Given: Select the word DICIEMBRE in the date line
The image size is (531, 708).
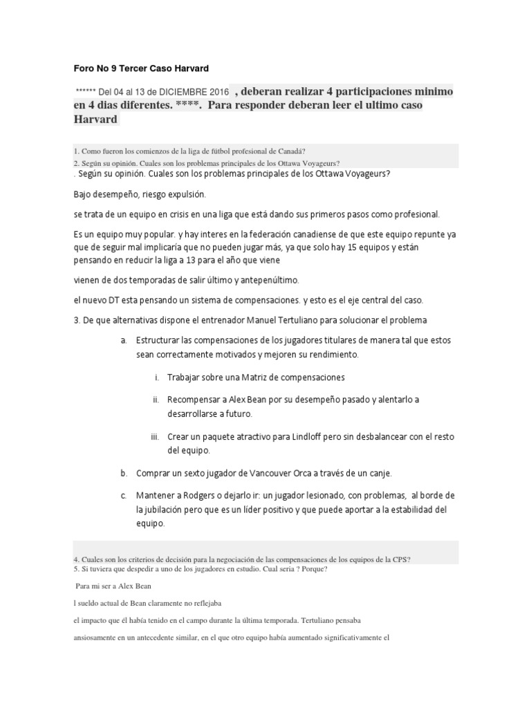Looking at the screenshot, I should (180, 93).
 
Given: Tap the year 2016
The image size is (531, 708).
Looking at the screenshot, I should (218, 93).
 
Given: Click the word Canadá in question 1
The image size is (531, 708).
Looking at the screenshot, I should (293, 151).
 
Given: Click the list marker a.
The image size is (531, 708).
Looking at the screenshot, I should (123, 341).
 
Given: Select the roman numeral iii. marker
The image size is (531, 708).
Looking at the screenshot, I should (155, 437).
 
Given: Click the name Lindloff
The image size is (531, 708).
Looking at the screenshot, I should (312, 437).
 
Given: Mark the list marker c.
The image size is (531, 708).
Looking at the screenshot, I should (123, 496).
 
